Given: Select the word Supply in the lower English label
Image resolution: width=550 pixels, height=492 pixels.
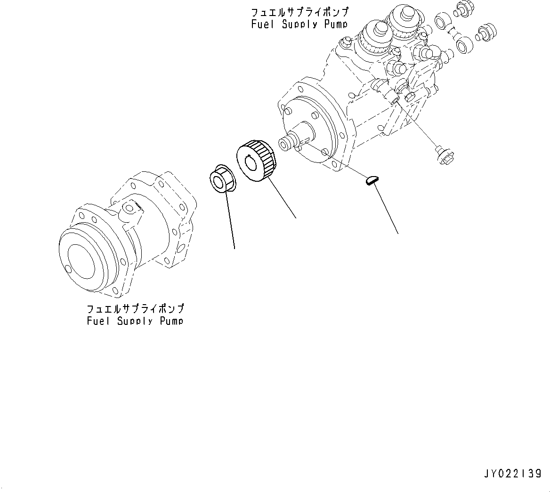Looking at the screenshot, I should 135,321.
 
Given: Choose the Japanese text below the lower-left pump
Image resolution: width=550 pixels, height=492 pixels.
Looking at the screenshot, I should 135,309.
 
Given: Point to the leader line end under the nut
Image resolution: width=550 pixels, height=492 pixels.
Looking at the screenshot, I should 234,247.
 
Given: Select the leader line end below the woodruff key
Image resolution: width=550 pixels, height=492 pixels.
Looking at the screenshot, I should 398,233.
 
